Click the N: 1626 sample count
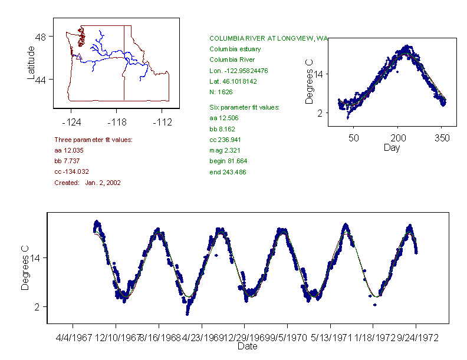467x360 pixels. [221, 92]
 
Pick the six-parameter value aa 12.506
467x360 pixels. [222, 118]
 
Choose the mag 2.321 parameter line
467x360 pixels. [224, 151]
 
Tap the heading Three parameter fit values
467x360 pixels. [93, 140]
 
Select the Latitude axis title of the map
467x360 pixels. [31, 62]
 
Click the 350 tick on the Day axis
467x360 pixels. [442, 138]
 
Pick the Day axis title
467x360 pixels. [392, 147]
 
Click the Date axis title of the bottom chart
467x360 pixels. [247, 346]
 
